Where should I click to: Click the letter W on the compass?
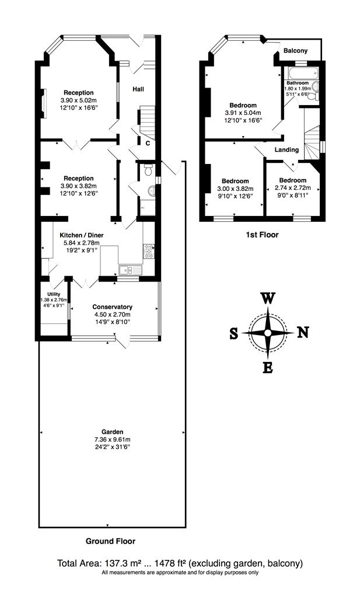coord(268,299)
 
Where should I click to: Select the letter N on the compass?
coord(303,332)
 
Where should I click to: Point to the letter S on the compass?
coord(233,333)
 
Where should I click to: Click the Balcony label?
coord(295,51)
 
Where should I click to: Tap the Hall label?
coord(138,89)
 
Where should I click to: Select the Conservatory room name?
coord(112,307)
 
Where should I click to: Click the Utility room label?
coord(53,294)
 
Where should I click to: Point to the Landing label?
coord(286,149)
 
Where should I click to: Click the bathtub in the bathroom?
coord(301,73)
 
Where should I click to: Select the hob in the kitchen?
coord(149,252)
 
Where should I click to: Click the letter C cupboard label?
coord(148,143)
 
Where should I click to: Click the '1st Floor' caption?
coord(262,235)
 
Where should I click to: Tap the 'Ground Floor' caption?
coord(111,541)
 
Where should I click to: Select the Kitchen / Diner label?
coord(81,235)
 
